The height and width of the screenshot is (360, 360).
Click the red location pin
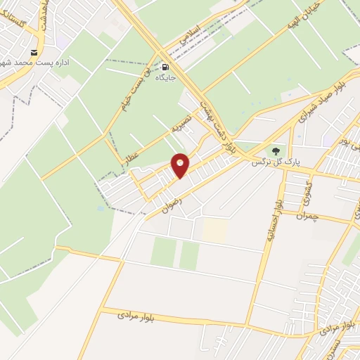[x=181, y=165]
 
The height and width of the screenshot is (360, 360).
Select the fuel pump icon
[x=166, y=60]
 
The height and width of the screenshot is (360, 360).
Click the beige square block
[x=216, y=230]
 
